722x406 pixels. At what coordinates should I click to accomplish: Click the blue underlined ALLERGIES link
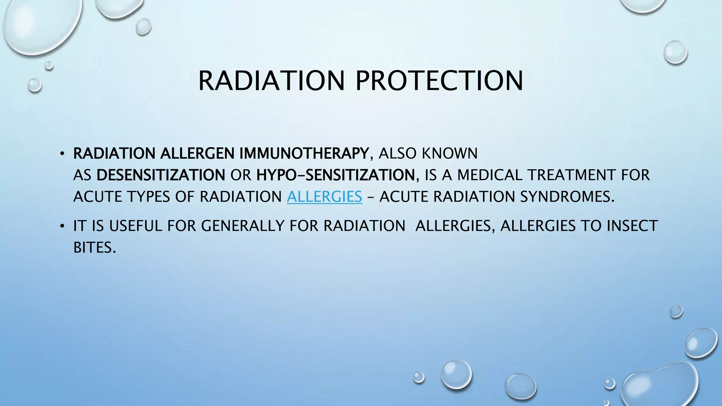(x=324, y=197)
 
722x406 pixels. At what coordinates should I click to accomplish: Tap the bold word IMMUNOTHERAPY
(x=304, y=153)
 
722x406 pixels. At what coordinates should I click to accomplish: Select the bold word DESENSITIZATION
(x=161, y=175)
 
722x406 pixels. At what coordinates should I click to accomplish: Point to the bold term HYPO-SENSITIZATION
(x=336, y=175)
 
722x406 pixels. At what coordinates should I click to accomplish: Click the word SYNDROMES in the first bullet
(x=567, y=197)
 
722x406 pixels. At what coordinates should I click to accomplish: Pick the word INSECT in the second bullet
(x=632, y=226)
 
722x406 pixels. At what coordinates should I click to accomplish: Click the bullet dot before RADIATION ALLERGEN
(x=62, y=154)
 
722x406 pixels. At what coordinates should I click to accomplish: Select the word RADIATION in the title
(x=271, y=81)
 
